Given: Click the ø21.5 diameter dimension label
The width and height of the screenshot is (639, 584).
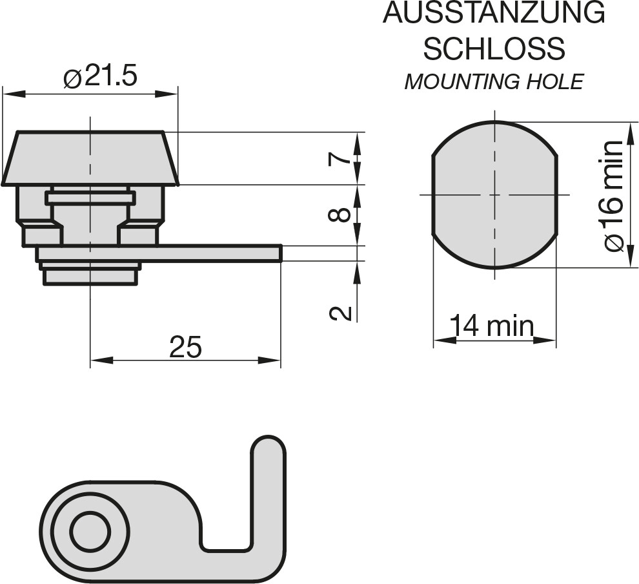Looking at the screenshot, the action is pyautogui.click(x=100, y=76).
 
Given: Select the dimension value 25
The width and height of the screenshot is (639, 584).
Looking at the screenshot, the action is pyautogui.click(x=186, y=347).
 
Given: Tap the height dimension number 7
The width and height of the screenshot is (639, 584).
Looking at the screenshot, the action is pyautogui.click(x=340, y=156).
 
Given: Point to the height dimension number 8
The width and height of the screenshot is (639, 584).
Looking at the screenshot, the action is pyautogui.click(x=340, y=214).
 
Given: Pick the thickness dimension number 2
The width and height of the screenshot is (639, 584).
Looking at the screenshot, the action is pyautogui.click(x=340, y=313).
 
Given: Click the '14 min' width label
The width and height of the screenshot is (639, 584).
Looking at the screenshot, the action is pyautogui.click(x=491, y=326).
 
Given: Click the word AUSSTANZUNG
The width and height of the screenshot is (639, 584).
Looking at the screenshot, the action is pyautogui.click(x=494, y=13).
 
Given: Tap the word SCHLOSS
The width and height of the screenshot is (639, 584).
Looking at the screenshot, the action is pyautogui.click(x=494, y=48).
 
